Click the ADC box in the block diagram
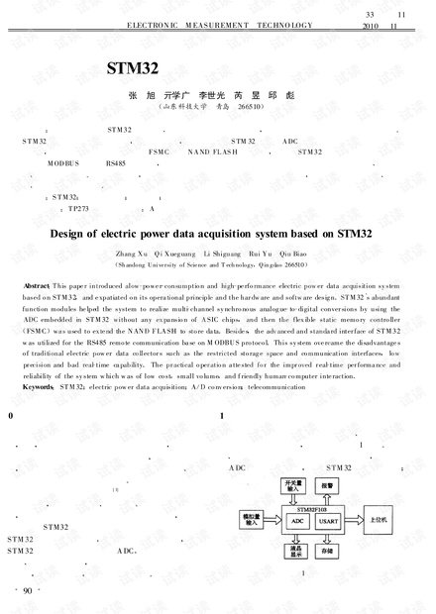point(296,519)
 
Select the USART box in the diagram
point(328,519)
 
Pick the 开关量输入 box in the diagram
point(293,486)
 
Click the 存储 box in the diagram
point(328,550)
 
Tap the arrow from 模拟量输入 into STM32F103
point(274,518)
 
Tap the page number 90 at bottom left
point(27,591)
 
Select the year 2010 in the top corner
point(372,27)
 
